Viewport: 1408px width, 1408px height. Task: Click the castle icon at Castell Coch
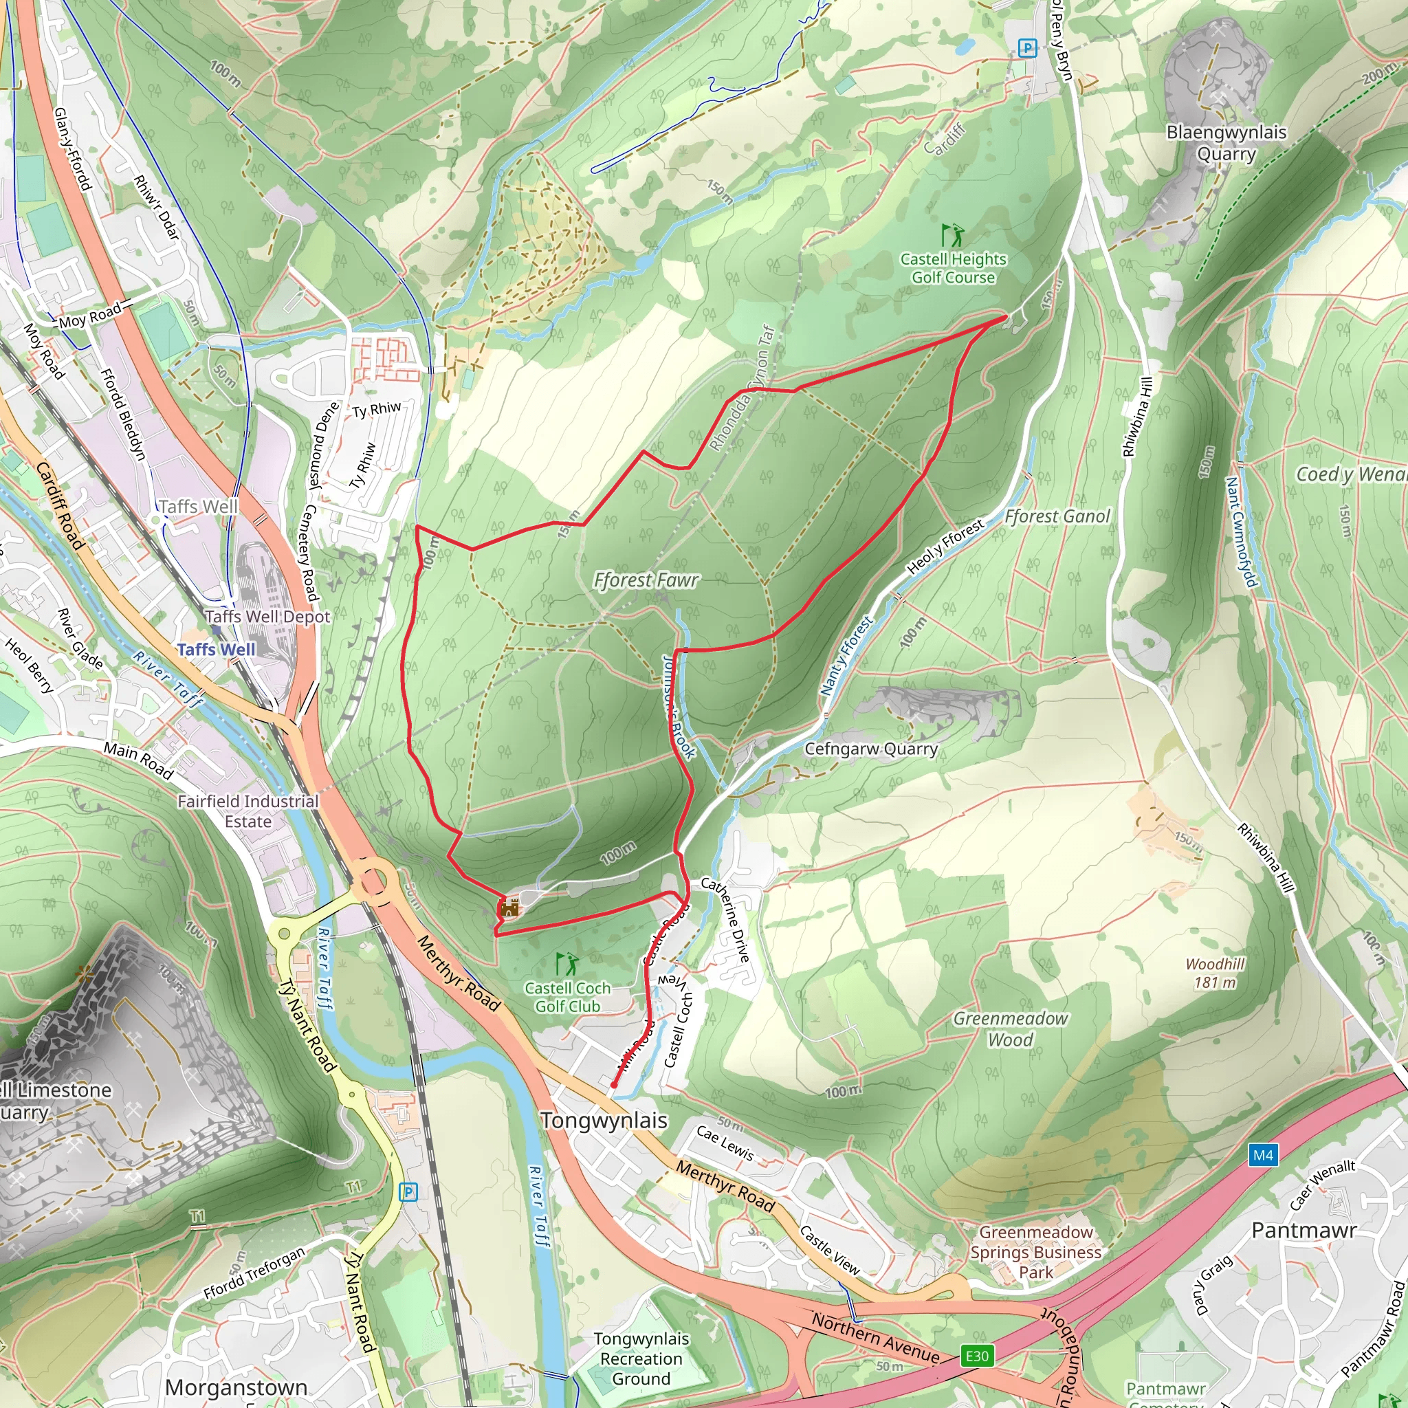click(509, 908)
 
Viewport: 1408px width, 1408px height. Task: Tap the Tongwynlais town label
click(604, 1120)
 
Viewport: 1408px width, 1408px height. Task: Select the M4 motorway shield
click(1263, 1155)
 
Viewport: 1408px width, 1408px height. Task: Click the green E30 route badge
click(976, 1356)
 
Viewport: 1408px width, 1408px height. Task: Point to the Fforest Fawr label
click(646, 580)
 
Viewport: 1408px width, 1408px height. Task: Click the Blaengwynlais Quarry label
click(1226, 143)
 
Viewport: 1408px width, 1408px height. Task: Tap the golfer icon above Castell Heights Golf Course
click(951, 234)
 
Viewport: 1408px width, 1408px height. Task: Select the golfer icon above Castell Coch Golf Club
click(566, 963)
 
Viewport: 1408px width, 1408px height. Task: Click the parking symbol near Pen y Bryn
click(1027, 48)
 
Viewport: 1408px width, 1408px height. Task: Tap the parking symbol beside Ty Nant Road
click(408, 1192)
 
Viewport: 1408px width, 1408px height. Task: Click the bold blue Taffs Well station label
click(217, 649)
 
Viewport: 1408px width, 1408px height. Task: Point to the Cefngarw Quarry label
click(871, 749)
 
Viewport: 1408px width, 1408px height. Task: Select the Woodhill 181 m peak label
click(1215, 973)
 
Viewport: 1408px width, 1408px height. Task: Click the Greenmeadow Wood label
click(1010, 1028)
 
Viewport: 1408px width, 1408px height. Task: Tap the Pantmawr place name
click(1303, 1230)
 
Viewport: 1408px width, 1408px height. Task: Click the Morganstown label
click(236, 1387)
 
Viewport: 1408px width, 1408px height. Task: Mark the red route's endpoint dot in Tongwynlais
click(614, 1085)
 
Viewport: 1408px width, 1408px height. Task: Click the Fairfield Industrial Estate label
click(247, 811)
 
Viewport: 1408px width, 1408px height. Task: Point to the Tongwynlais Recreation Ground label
click(641, 1358)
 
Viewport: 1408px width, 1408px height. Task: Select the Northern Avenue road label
click(875, 1338)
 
